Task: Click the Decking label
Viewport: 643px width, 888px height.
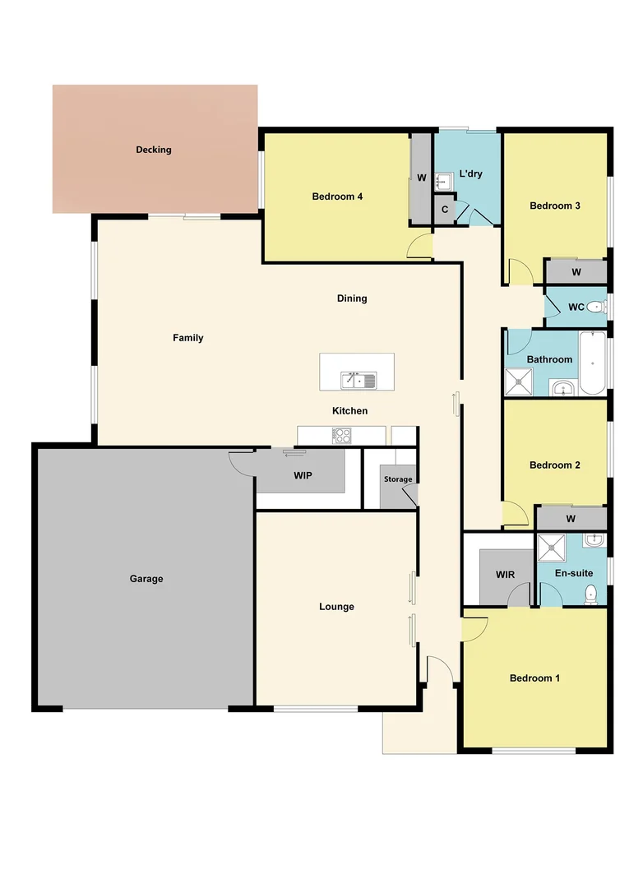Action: click(x=154, y=150)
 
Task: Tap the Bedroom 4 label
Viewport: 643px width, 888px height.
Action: click(x=337, y=197)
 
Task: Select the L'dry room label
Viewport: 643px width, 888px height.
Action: click(x=471, y=173)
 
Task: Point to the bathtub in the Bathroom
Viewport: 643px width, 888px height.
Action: click(x=592, y=362)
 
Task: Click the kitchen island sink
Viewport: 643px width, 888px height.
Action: click(x=359, y=379)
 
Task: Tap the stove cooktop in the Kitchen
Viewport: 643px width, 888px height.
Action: click(x=342, y=436)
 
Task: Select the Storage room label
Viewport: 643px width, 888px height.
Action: click(x=398, y=479)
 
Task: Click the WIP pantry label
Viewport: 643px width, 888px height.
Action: click(x=303, y=476)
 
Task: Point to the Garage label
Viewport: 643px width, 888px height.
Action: click(x=146, y=579)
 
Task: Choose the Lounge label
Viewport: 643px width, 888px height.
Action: click(x=336, y=607)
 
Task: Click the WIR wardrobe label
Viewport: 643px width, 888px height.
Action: click(x=505, y=575)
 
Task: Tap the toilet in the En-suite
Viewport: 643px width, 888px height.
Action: click(x=590, y=594)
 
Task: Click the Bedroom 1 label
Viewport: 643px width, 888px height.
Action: click(x=534, y=678)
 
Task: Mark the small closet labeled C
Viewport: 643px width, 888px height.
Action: click(x=444, y=210)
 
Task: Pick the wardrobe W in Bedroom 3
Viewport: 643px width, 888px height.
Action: click(x=576, y=272)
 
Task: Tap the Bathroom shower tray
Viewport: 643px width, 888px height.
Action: click(x=518, y=382)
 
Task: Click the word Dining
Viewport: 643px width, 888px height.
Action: click(x=352, y=298)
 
